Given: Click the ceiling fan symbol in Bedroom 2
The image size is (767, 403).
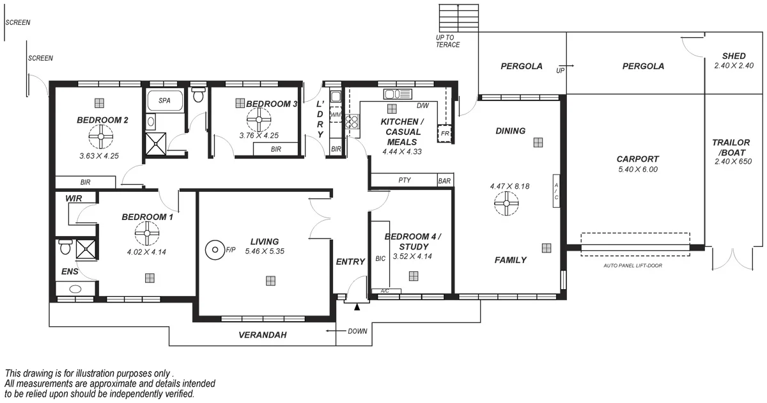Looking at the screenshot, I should pos(101,136).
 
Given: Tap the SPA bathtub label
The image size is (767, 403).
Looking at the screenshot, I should pos(164,100).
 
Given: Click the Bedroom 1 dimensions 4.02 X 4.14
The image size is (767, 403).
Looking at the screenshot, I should pos(146,252).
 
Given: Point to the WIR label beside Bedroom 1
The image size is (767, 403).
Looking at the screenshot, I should pos(74,199).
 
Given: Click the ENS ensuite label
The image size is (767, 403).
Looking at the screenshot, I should pos(70,272).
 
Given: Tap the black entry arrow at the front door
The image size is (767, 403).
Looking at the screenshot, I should pos(357,308).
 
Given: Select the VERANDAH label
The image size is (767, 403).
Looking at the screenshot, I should pos(262,335).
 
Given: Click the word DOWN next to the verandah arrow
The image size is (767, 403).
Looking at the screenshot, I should pos(357,331).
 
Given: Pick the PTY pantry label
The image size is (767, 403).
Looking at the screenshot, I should pos(404,180).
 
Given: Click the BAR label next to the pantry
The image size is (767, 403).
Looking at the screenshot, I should pos(445,181).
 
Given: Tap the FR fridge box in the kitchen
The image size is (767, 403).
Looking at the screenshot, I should pos(444,133).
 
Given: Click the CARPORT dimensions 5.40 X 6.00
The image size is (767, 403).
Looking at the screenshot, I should pos(637,170).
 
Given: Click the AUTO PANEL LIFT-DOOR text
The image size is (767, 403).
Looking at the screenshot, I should pos(633,265).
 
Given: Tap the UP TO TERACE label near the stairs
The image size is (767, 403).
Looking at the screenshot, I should pos(447,42).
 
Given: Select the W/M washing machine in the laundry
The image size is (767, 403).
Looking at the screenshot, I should pos(336,115).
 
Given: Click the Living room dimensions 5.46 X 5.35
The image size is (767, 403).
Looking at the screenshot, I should pos(265,252).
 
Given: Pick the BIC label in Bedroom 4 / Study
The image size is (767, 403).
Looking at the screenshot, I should pos(380,258).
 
